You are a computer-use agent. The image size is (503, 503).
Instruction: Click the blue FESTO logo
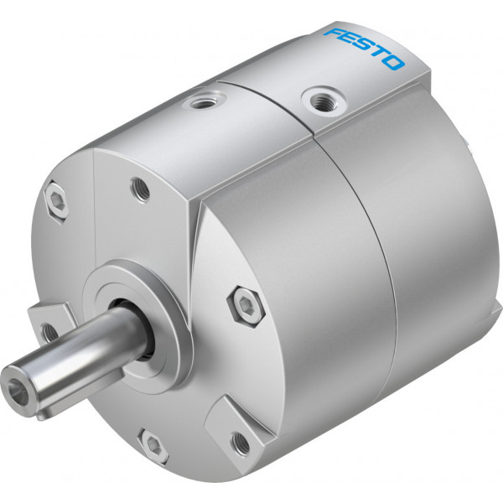364,49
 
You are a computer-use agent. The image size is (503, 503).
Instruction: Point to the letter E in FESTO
348,39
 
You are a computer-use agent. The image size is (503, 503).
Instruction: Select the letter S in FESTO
363,48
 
